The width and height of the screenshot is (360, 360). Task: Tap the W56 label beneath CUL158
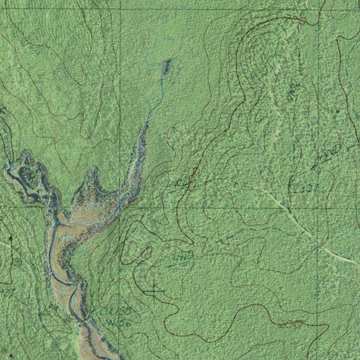coord(118,322)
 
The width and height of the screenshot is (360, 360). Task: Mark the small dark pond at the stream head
coord(165,67)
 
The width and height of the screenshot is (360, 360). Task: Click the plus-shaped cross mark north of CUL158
coord(154,290)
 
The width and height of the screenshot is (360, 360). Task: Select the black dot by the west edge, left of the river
coord(10,238)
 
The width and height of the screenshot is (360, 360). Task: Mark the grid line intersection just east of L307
coord(318,207)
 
